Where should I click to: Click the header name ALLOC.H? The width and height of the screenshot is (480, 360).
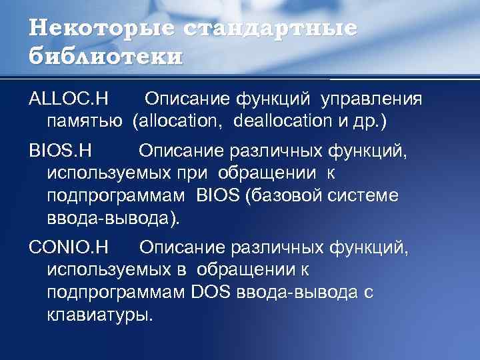pos(68,99)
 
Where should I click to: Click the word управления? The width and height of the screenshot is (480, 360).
pos(371,99)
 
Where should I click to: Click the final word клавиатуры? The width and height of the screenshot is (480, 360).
pos(100,314)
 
